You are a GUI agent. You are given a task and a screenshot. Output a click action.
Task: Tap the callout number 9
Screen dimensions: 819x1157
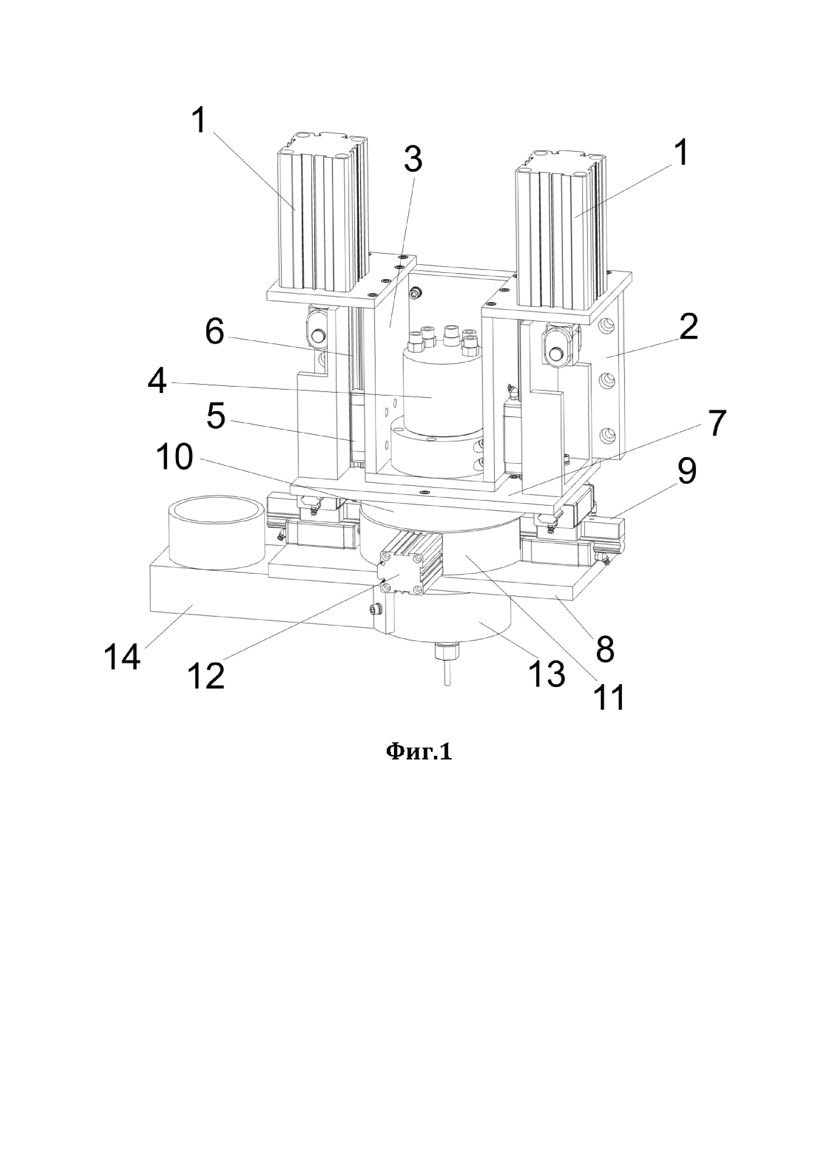point(686,470)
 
